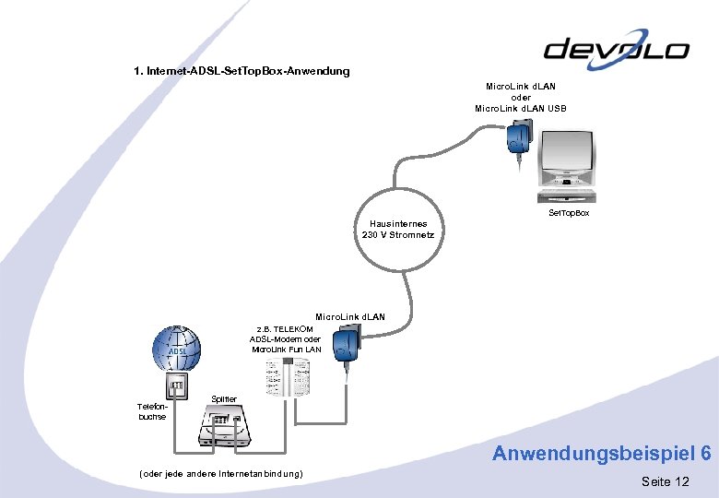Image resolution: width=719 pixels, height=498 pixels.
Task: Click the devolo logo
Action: pos(617,49)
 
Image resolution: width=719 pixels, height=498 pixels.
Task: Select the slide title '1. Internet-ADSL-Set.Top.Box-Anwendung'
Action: pos(242,71)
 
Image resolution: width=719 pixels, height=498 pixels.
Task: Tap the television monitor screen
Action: pos(566,157)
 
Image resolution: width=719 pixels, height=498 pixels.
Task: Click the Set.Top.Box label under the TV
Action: pos(569,213)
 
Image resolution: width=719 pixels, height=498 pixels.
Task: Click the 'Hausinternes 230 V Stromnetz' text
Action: pos(398,229)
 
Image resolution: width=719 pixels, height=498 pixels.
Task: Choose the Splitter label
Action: pos(224,398)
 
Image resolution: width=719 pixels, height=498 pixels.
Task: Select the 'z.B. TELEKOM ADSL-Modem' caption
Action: pos(286,339)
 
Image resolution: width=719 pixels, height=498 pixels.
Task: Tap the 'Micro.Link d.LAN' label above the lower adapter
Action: pos(350,317)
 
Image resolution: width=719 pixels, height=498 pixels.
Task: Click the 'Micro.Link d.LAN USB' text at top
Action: pos(521,109)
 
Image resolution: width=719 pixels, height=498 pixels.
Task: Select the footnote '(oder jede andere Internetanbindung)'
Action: pos(219,473)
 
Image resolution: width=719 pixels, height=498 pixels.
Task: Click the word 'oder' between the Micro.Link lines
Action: pos(521,98)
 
